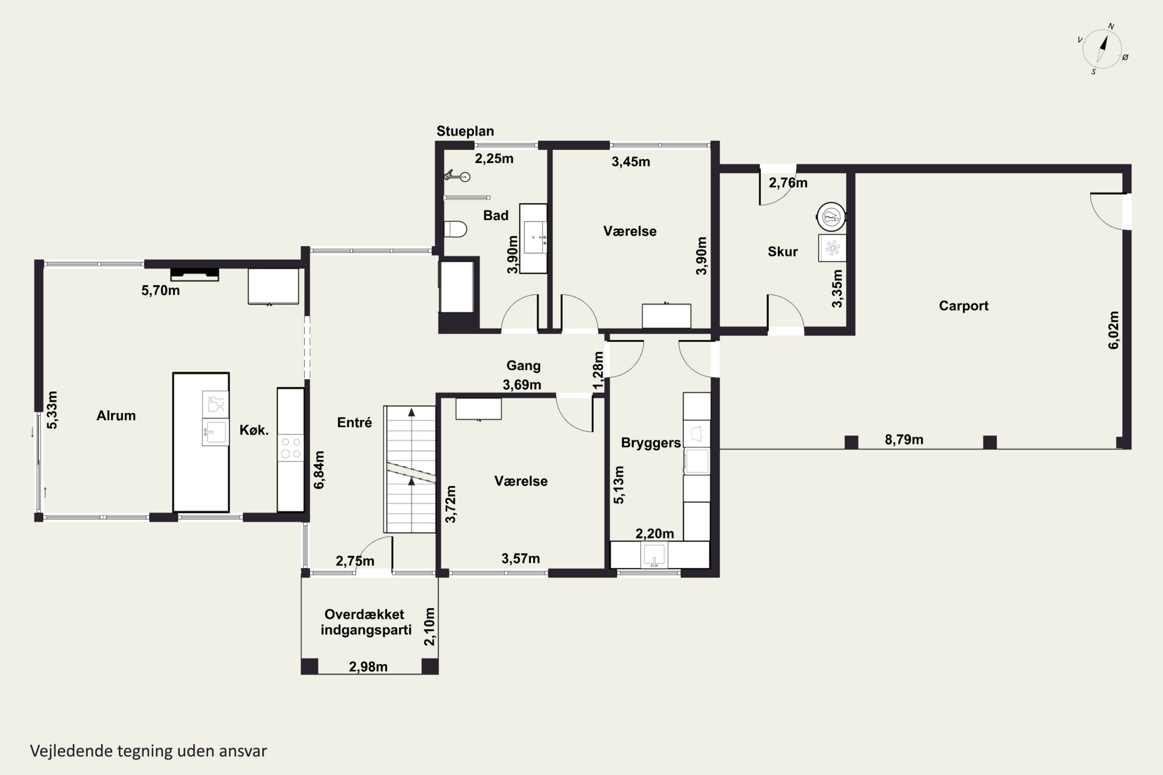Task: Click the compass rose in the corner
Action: [1103, 49]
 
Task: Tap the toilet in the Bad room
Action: [455, 229]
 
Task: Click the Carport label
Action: [964, 306]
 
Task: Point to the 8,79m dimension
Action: [904, 439]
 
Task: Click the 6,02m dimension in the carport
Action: [1113, 330]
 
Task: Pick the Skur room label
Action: [783, 251]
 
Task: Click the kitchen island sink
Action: [215, 432]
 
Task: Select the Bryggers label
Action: [651, 443]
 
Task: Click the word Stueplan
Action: [465, 131]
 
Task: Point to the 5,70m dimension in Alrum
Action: [161, 290]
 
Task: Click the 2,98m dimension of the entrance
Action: [368, 667]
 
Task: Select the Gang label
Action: [523, 366]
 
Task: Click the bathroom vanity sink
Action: [535, 238]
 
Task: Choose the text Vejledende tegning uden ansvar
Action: [148, 751]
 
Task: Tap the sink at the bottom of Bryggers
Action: [654, 555]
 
